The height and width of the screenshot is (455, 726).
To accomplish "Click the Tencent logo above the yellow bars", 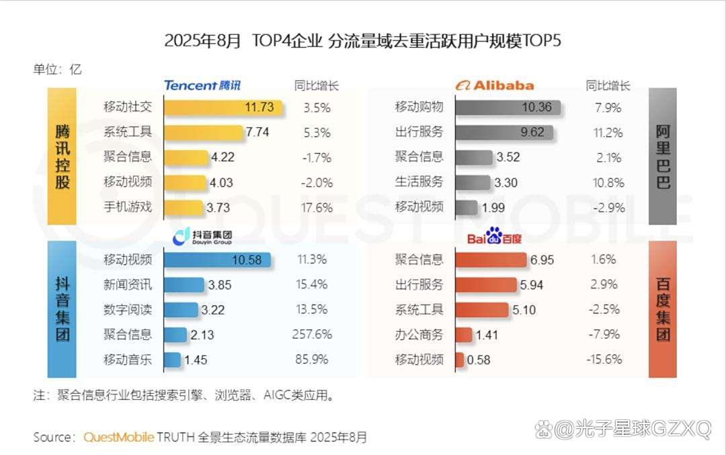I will pyautogui.click(x=202, y=85).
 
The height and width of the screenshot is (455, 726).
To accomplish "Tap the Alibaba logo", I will pyautogui.click(x=494, y=85).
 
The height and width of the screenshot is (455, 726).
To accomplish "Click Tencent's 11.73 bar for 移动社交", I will pyautogui.click(x=223, y=107).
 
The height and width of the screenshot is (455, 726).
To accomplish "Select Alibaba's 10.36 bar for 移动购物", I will pyautogui.click(x=508, y=107).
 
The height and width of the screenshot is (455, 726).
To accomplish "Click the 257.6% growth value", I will pyautogui.click(x=313, y=335).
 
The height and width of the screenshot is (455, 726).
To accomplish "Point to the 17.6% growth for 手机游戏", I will pyautogui.click(x=317, y=208).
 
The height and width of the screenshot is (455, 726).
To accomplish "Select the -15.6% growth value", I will pyautogui.click(x=604, y=360).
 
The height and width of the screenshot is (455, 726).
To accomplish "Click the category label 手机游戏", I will pyautogui.click(x=128, y=208).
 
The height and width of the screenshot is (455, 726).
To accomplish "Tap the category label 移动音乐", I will pyautogui.click(x=128, y=360).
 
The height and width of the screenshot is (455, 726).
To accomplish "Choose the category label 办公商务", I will pyautogui.click(x=419, y=335).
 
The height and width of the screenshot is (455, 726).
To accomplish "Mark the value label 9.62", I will pyautogui.click(x=532, y=132).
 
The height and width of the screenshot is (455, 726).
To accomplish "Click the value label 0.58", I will pyautogui.click(x=479, y=360).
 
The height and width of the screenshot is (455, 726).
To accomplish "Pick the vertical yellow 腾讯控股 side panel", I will pyautogui.click(x=62, y=156).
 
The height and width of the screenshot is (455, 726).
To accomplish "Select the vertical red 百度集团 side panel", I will pyautogui.click(x=663, y=308).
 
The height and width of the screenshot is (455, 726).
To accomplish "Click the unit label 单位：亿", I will pyautogui.click(x=57, y=69).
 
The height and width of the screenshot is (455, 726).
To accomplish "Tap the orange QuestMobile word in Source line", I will pyautogui.click(x=119, y=437).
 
